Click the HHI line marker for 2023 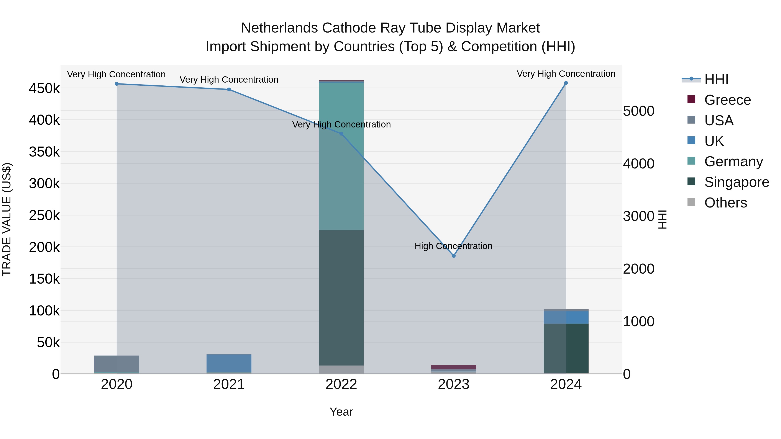pyautogui.click(x=454, y=256)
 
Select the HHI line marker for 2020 pyautogui.click(x=117, y=84)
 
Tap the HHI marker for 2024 pyautogui.click(x=566, y=83)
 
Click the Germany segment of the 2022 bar pyautogui.click(x=341, y=156)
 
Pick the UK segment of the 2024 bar pyautogui.click(x=566, y=317)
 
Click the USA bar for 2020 pyautogui.click(x=117, y=364)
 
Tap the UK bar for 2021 pyautogui.click(x=229, y=363)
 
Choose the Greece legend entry pyautogui.click(x=727, y=100)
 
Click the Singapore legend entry pyautogui.click(x=737, y=182)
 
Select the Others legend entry pyautogui.click(x=725, y=203)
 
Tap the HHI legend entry pyautogui.click(x=716, y=79)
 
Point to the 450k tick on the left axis pyautogui.click(x=44, y=88)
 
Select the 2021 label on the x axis pyautogui.click(x=229, y=384)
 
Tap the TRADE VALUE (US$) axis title pyautogui.click(x=7, y=219)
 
